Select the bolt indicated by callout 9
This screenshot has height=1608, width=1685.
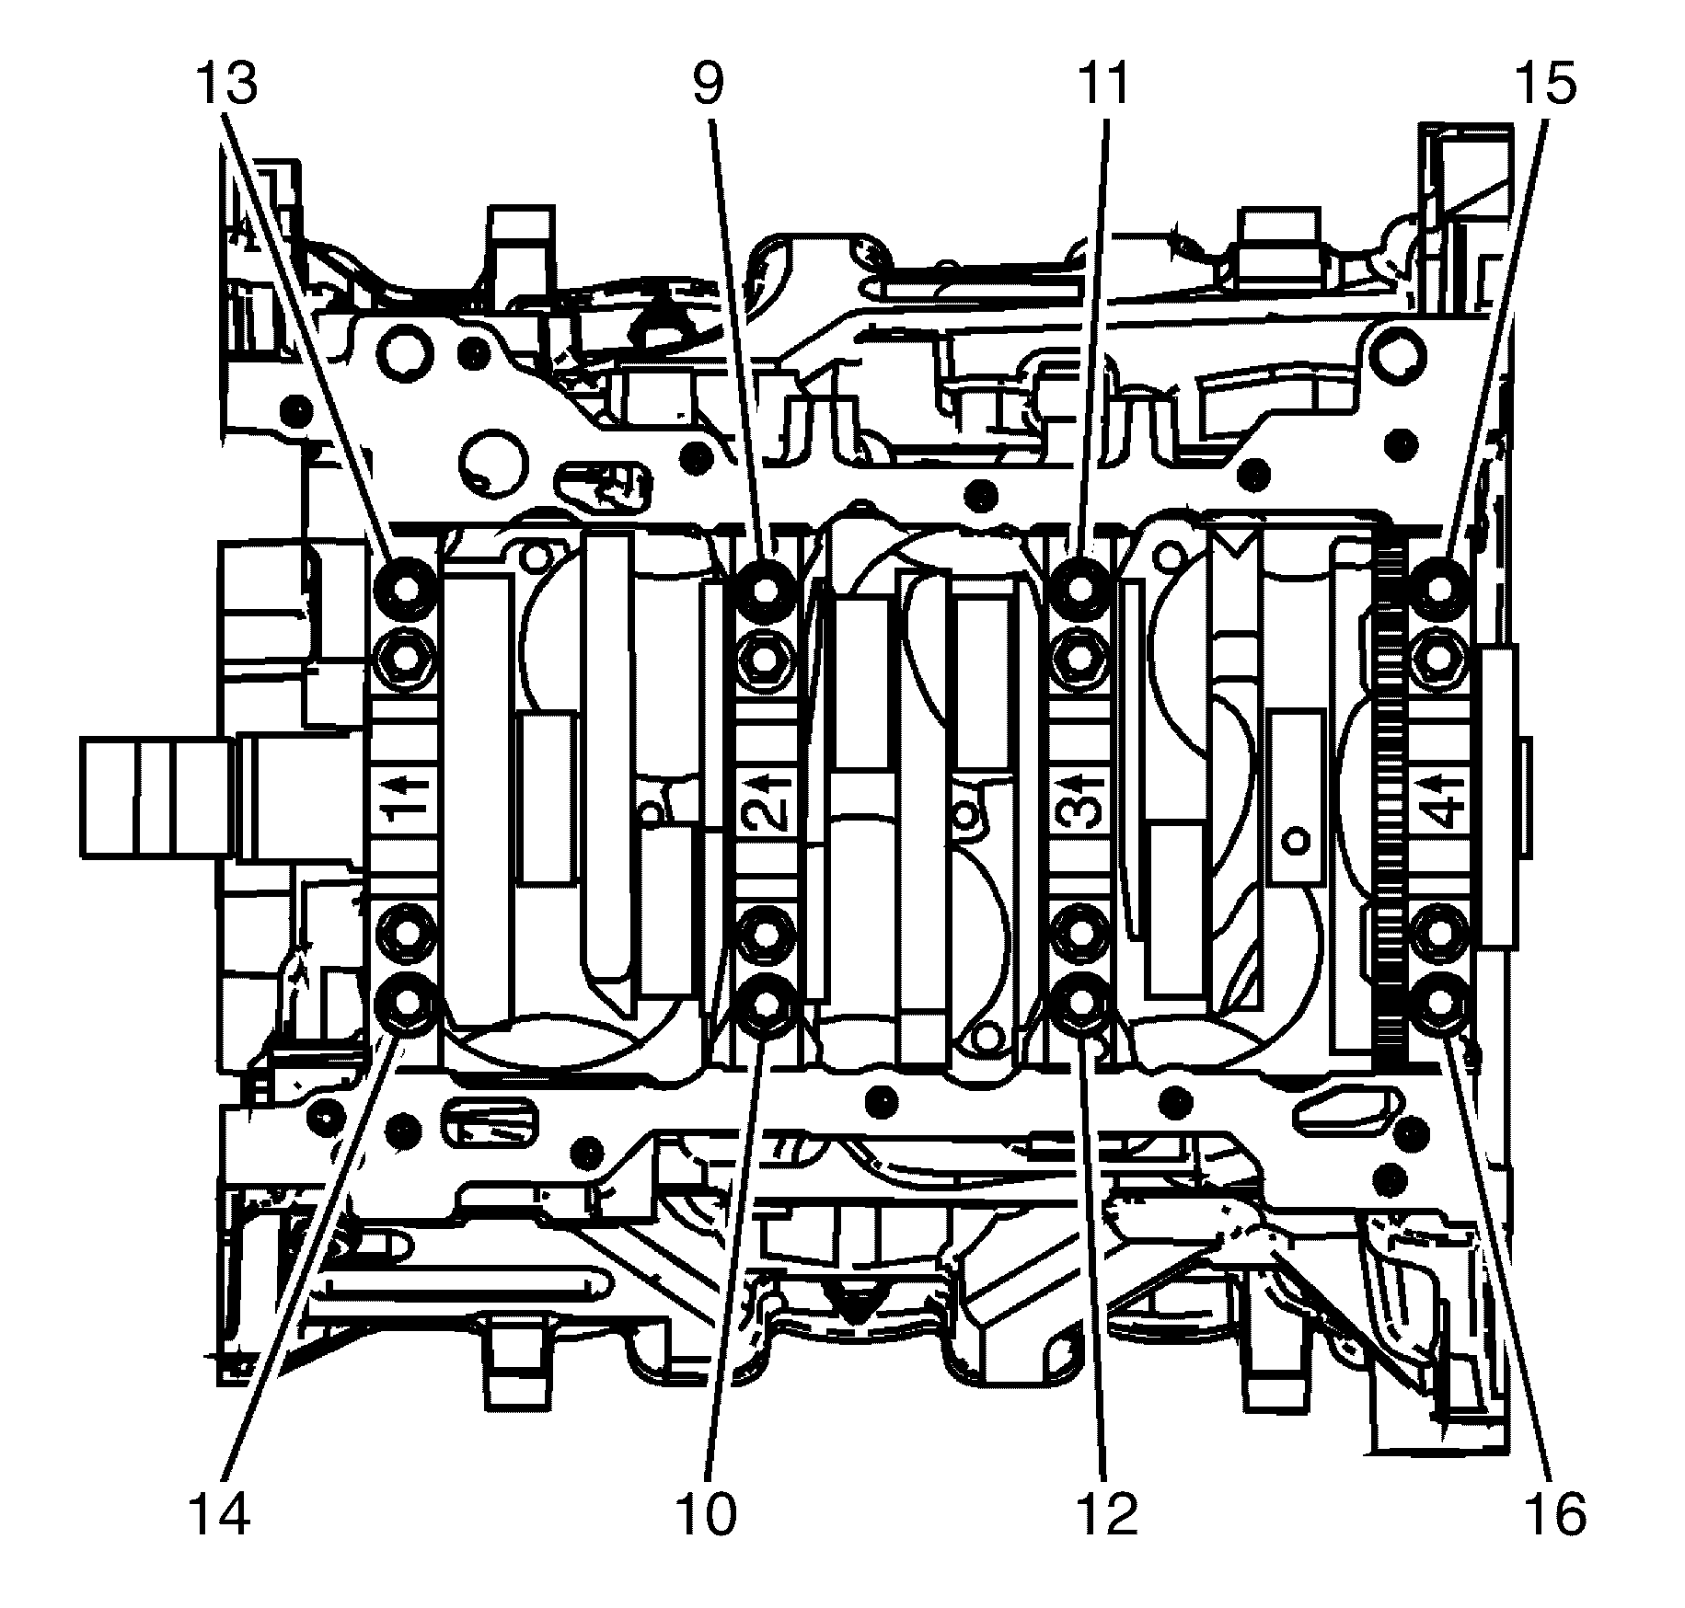click(x=765, y=585)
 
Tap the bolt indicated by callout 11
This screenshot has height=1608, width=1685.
click(x=1081, y=585)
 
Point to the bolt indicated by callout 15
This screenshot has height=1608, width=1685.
click(x=1441, y=585)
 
